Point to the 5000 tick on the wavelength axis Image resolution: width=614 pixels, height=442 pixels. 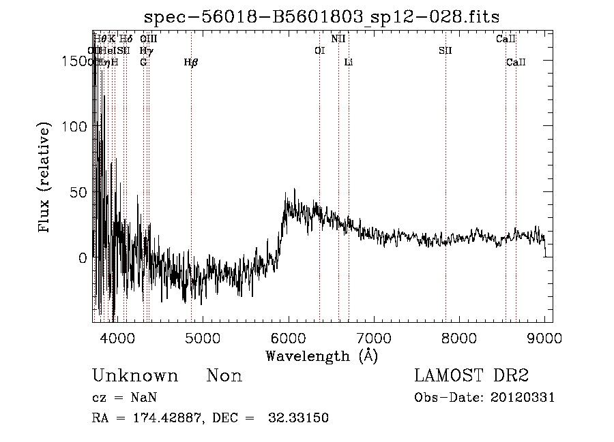click(x=202, y=337)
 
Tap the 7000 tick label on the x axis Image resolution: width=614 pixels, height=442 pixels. click(x=373, y=337)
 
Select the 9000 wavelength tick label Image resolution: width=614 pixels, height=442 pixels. click(x=544, y=337)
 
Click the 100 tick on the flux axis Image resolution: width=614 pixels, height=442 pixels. click(x=74, y=127)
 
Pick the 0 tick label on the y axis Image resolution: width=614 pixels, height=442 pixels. click(x=82, y=258)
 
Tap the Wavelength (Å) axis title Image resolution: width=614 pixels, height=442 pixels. click(x=321, y=356)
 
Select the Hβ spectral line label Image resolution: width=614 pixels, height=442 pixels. click(x=191, y=62)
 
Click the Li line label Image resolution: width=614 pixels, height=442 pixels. click(x=349, y=62)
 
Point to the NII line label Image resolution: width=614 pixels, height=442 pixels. click(x=338, y=39)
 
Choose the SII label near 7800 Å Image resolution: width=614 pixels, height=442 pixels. click(x=445, y=50)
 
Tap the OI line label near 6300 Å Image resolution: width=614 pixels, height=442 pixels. click(x=319, y=50)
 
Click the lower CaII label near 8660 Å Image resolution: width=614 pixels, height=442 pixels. click(x=516, y=62)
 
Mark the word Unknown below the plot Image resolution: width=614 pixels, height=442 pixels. click(x=135, y=376)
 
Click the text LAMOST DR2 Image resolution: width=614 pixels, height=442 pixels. click(x=471, y=376)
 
